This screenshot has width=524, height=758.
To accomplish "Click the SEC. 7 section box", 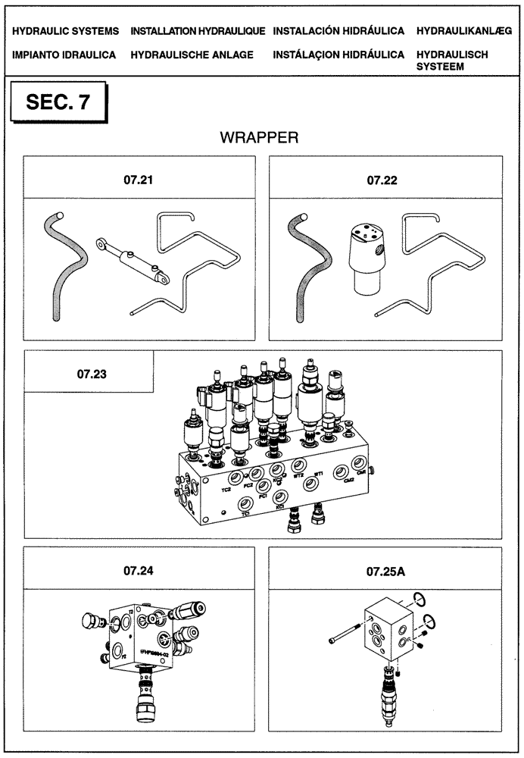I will pos(58,103).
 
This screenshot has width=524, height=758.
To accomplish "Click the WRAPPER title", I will pos(260,137).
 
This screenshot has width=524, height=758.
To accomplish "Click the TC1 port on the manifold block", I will pos(245,504).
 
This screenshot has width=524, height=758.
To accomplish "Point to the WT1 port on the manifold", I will pos(309,483).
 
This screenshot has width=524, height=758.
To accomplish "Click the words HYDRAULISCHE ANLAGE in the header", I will pos(192,55).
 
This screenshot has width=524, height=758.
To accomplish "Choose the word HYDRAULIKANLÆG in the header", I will pos(464,32).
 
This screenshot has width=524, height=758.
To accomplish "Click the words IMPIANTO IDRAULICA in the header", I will pos(64,55).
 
